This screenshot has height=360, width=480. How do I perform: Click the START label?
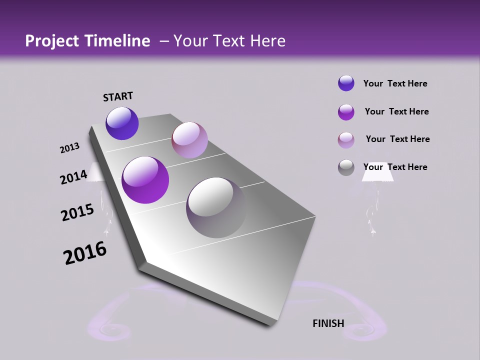pyautogui.click(x=118, y=96)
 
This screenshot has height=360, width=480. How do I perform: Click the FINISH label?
pyautogui.click(x=328, y=323)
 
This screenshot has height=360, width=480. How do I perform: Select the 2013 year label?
pyautogui.click(x=69, y=148)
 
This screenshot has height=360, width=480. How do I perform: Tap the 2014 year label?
pyautogui.click(x=73, y=177)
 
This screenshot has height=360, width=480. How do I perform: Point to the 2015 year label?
pyautogui.click(x=77, y=212)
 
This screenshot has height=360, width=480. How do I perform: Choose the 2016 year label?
pyautogui.click(x=85, y=253)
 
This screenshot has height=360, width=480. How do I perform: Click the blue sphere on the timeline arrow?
pyautogui.click(x=122, y=123)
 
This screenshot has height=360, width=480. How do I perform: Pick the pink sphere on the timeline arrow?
pyautogui.click(x=189, y=140)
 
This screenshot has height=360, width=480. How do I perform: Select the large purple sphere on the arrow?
pyautogui.click(x=145, y=180)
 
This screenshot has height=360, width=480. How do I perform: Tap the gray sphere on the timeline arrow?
pyautogui.click(x=216, y=207)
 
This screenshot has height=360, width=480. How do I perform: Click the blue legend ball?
pyautogui.click(x=346, y=83)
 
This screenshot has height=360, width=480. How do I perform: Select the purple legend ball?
pyautogui.click(x=346, y=112)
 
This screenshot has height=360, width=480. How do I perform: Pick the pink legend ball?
pyautogui.click(x=346, y=140)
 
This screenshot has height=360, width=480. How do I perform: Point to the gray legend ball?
pyautogui.click(x=346, y=167)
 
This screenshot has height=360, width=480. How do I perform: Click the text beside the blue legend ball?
pyautogui.click(x=395, y=83)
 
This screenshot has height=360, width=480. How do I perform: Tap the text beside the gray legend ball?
pyautogui.click(x=395, y=167)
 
